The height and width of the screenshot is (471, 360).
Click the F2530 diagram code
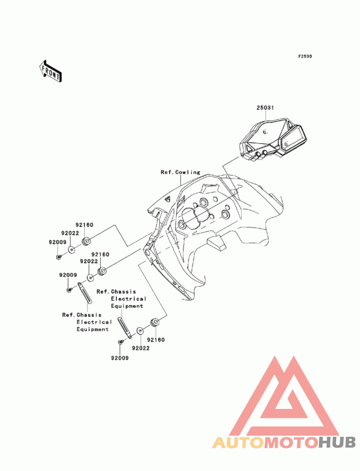pos(305,56)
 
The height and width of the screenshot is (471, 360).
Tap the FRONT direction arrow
pos(50,71)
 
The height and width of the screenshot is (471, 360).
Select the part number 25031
pos(265,108)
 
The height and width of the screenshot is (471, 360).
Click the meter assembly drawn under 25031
pos(273,139)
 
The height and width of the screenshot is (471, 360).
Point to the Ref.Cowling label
pos(180,172)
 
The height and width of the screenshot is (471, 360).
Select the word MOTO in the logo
pos(292,443)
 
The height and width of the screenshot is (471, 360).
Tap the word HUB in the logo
pos(337,443)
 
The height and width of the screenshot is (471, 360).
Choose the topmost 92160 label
pos(84,224)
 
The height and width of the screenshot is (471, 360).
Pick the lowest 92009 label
pos(120,358)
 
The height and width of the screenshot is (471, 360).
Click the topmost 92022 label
pos(70,233)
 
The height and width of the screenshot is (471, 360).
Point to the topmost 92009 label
pos(58,242)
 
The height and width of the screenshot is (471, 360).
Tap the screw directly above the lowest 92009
pos(121,342)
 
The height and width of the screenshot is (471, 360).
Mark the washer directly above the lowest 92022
pos(140,331)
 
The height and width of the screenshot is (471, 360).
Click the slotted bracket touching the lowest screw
pos(125,328)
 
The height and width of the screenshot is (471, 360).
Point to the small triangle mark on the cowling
pos(167,198)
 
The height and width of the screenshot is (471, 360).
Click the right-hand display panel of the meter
pos(292,139)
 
